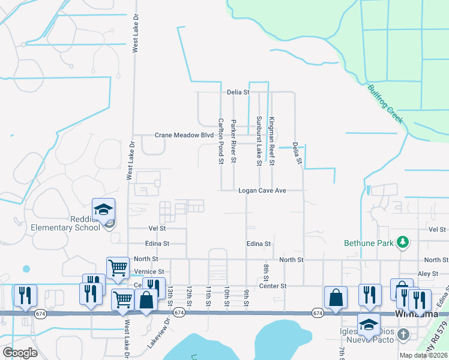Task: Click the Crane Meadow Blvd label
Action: coord(184,136)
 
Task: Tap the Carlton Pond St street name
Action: coord(221,140)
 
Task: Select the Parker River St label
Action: coord(234,140)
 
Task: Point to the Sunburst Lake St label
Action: coord(259,141)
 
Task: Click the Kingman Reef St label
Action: coord(271,141)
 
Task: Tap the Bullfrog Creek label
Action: coord(385,104)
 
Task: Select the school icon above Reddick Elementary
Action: coord(104,209)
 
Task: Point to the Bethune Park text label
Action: coord(368,243)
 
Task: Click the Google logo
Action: coord(20,353)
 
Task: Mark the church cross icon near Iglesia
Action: coord(404,335)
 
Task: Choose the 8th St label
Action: coord(265,271)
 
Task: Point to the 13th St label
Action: coord(170,295)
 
